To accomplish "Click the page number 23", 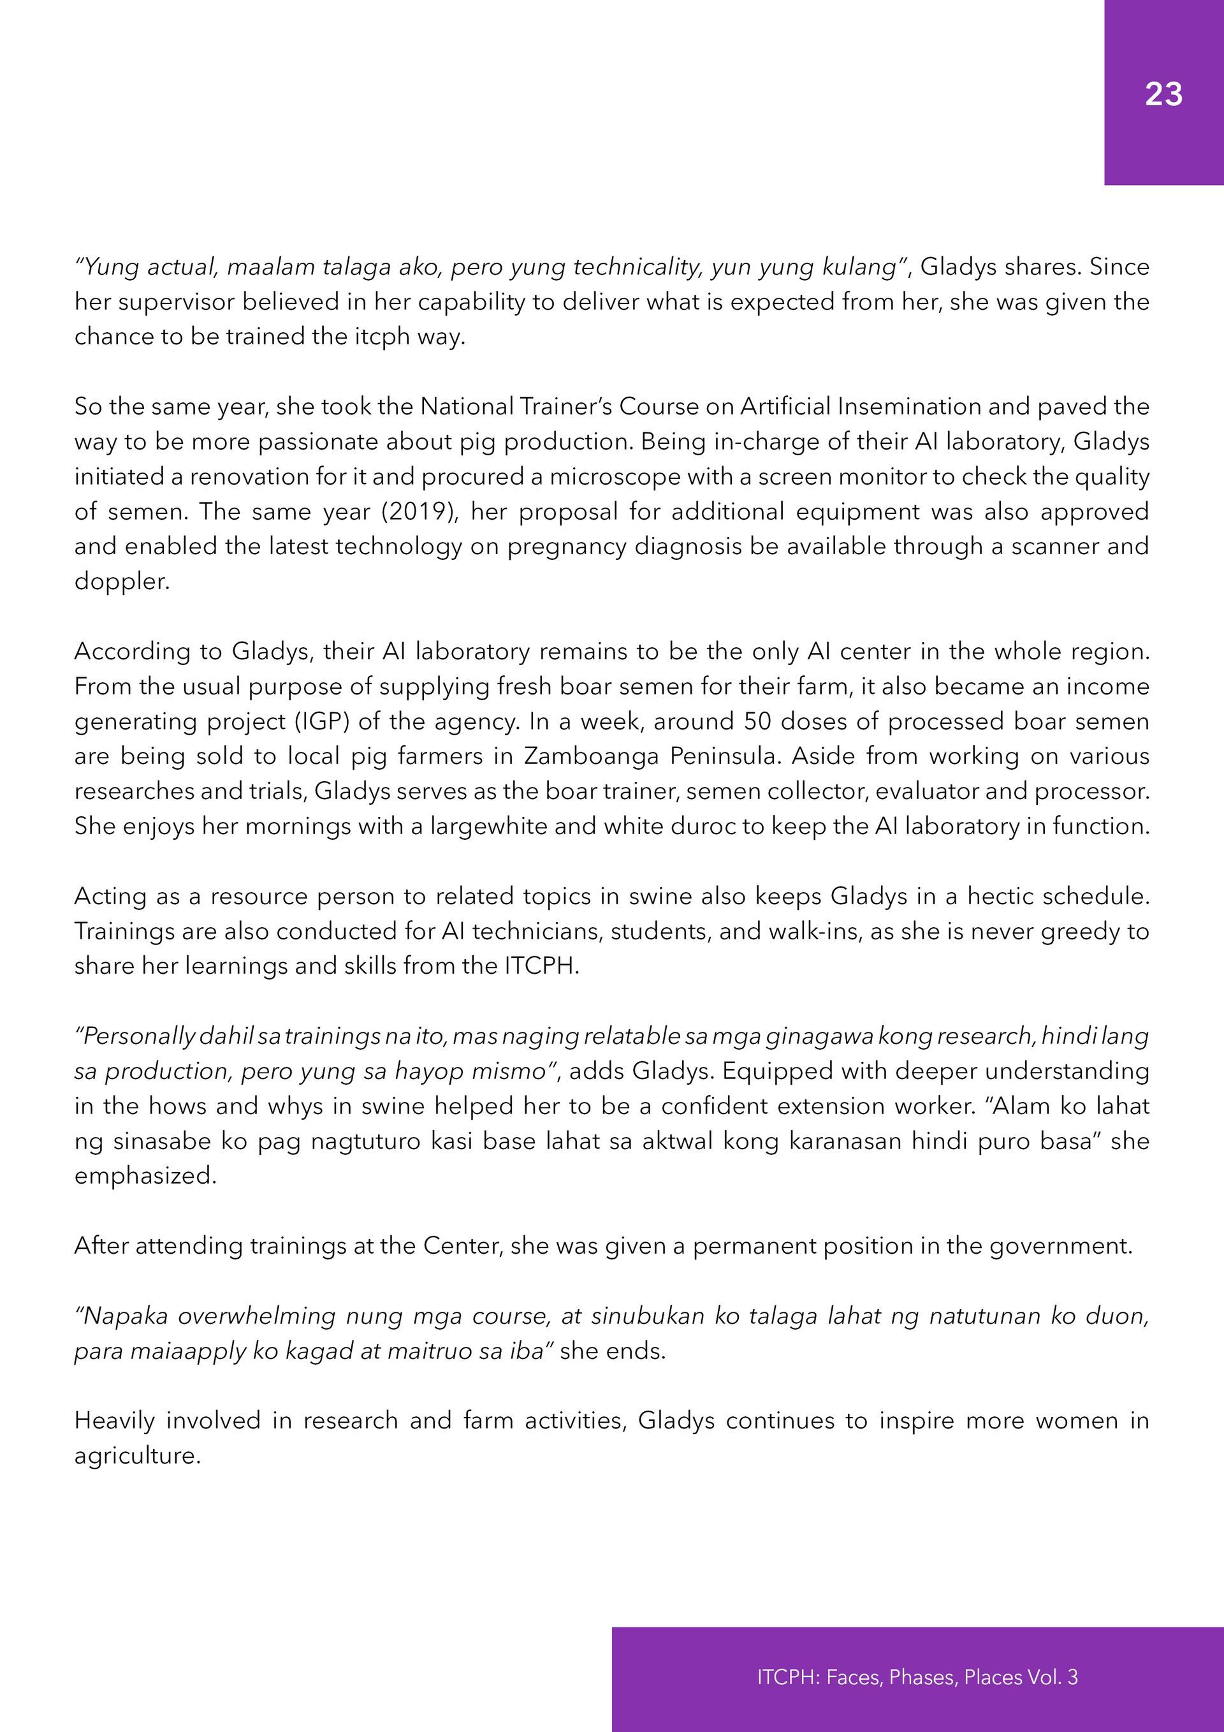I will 1163,94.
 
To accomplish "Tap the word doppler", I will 121,582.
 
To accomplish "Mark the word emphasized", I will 145,1176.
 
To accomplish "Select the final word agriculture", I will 136,1456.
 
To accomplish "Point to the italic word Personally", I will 135,1036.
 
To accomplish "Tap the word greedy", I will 1080,932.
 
